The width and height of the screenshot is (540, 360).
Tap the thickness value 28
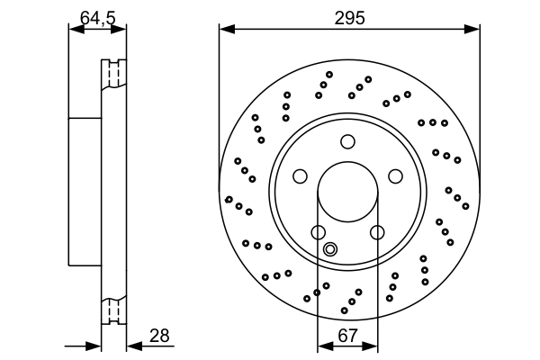point(159,336)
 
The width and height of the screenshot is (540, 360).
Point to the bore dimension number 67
point(347,336)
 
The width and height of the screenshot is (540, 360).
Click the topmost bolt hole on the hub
point(348,140)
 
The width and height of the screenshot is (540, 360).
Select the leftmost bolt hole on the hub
point(301,175)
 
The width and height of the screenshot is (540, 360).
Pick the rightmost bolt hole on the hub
point(395,175)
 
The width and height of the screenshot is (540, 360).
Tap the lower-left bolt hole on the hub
point(319,232)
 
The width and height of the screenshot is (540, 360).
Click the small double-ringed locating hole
point(330,249)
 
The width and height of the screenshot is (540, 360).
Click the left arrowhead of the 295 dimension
point(225,31)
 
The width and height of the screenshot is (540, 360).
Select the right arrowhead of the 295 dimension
point(474,31)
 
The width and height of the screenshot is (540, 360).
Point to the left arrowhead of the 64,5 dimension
point(75,31)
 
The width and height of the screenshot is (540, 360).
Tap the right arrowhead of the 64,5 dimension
point(121,31)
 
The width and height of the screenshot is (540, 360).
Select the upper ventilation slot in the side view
point(113,74)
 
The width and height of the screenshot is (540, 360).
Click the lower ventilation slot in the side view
point(113,310)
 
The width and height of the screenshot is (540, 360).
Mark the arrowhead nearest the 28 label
point(131,345)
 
